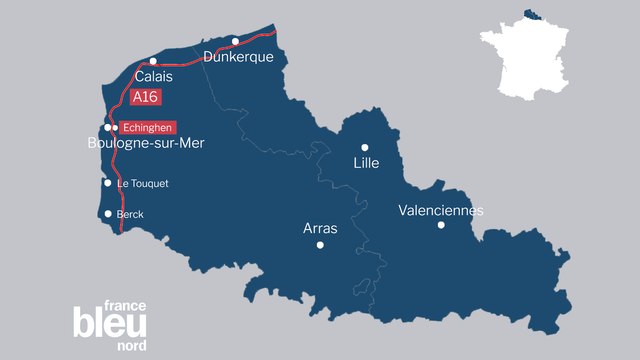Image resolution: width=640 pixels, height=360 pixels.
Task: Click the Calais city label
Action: click(x=154, y=76)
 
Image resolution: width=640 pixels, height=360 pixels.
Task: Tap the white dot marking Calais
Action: click(x=153, y=61)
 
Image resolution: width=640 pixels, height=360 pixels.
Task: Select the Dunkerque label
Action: click(x=238, y=57)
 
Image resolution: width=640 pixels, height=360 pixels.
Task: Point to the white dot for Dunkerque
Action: click(x=235, y=41)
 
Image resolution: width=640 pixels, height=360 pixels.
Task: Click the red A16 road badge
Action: click(x=145, y=98)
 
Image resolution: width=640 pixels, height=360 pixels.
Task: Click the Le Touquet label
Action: click(x=143, y=184)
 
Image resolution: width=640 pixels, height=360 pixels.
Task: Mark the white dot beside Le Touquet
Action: click(x=108, y=183)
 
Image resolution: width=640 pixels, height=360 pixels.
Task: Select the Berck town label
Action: click(x=130, y=214)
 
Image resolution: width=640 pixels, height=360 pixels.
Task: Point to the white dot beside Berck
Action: click(x=108, y=214)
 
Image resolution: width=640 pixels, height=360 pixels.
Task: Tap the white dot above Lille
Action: click(x=365, y=147)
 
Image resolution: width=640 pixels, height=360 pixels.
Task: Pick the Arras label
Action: click(x=320, y=229)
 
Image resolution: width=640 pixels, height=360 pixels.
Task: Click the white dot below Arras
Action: click(x=320, y=245)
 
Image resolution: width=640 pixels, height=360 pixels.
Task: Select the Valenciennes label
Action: click(x=441, y=210)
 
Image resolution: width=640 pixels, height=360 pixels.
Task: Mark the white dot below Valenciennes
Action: click(x=441, y=225)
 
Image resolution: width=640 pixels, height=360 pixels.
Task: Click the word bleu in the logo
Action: click(x=110, y=323)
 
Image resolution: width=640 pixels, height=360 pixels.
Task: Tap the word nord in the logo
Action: click(x=131, y=345)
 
